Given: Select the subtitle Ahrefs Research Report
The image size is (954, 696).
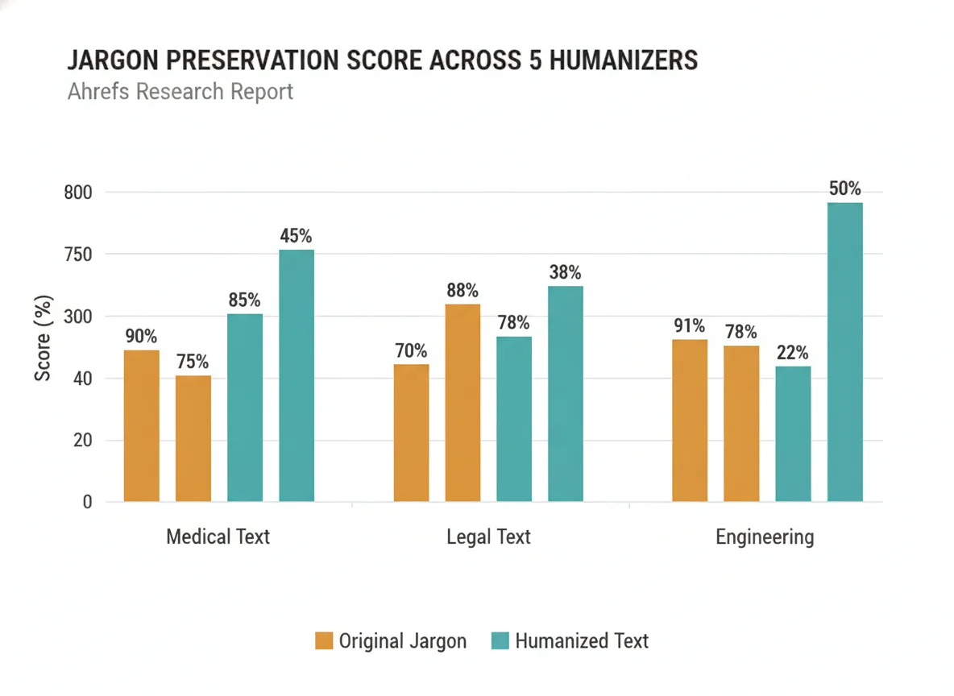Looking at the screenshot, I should click(180, 92).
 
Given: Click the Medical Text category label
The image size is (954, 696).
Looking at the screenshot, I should click(218, 537).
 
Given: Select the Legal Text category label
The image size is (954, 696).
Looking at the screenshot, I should click(488, 537).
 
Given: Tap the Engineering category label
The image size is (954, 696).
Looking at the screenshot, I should click(765, 537).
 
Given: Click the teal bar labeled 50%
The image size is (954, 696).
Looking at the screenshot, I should click(844, 352).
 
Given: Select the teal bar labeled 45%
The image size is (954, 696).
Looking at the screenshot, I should click(297, 375).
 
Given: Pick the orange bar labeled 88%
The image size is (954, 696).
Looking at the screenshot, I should click(462, 403).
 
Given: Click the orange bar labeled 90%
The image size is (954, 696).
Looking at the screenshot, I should click(141, 425).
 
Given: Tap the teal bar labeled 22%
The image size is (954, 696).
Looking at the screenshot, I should click(793, 433).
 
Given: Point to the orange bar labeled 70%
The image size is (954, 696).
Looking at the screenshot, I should click(411, 433).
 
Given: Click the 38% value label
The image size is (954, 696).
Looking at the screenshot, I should click(565, 273).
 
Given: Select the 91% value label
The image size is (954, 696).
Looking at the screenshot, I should click(689, 326).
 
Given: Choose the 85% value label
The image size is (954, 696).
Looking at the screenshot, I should click(244, 300).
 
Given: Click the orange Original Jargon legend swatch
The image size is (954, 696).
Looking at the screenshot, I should click(323, 641).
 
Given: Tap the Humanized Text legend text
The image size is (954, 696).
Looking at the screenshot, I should click(582, 641).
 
